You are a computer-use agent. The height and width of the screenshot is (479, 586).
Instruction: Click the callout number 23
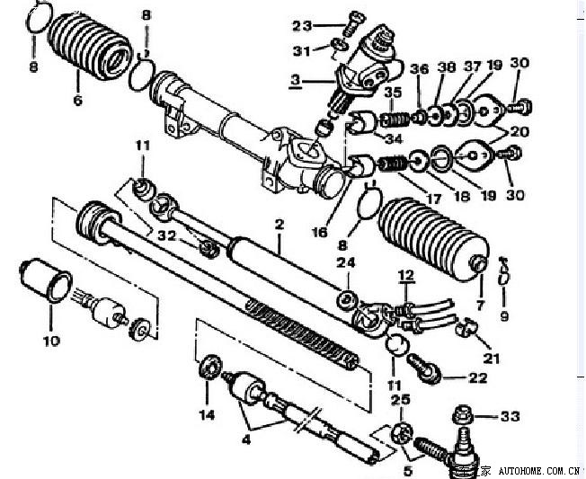pyautogui.click(x=301, y=24)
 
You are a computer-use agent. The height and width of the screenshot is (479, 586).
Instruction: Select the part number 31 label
pyautogui.click(x=302, y=49)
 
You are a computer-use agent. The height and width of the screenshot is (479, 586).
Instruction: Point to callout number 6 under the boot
pyautogui.click(x=77, y=100)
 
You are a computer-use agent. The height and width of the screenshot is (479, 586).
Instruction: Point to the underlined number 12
pyautogui.click(x=405, y=273)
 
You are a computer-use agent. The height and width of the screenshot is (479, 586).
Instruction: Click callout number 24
pyautogui.click(x=346, y=262)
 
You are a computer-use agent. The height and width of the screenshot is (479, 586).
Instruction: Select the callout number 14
pyautogui.click(x=208, y=414)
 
